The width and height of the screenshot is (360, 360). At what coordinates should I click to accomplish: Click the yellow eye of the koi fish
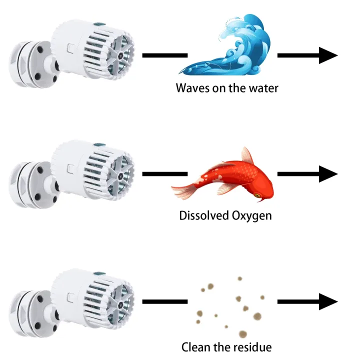point(257,195)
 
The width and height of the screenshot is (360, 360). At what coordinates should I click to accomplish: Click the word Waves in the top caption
point(192,88)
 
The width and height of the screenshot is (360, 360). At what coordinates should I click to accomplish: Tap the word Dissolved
point(204,215)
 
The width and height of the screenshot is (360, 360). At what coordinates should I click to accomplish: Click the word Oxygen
point(251,216)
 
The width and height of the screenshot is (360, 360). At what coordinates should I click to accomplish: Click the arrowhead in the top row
point(328,55)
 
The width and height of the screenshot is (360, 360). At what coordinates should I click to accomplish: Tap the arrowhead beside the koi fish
point(328,174)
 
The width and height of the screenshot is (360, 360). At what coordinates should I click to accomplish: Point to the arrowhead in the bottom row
point(328,301)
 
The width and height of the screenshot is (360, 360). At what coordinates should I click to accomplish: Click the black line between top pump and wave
point(165,55)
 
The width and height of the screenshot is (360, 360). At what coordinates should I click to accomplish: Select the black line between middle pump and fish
point(165,174)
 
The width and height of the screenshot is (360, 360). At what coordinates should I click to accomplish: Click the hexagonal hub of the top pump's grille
point(120,55)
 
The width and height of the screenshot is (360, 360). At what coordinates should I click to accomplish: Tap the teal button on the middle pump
point(99,144)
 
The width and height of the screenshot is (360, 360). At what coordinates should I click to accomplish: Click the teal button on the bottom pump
point(99,273)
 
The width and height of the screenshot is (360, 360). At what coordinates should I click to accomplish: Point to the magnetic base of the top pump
point(32,64)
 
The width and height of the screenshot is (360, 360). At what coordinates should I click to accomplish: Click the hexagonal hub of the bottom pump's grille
point(120,305)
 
